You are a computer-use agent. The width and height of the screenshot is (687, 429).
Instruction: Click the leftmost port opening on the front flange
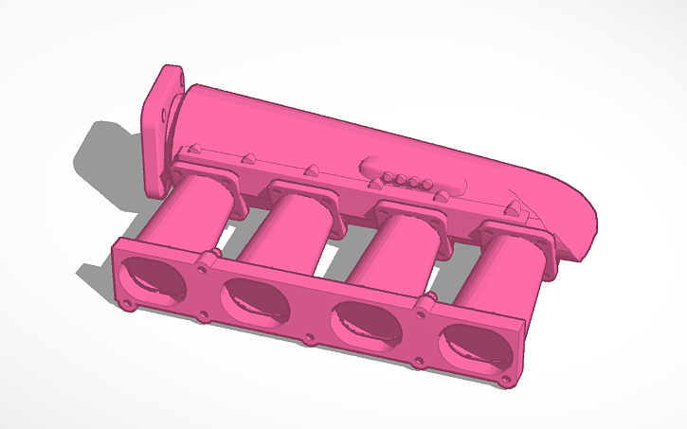(154, 274)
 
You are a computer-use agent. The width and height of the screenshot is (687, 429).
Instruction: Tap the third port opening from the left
(364, 323)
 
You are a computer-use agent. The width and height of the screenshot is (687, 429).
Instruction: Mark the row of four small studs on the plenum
(406, 180)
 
